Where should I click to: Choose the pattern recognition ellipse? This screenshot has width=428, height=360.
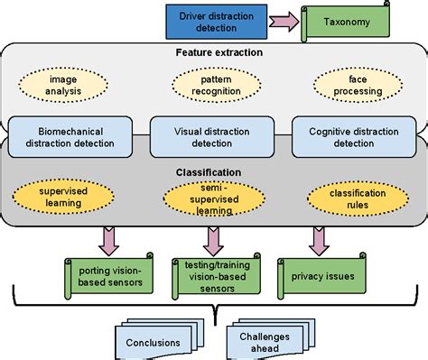(213, 85)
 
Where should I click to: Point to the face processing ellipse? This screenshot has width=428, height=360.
(354, 85)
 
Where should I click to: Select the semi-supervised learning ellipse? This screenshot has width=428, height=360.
(213, 197)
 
